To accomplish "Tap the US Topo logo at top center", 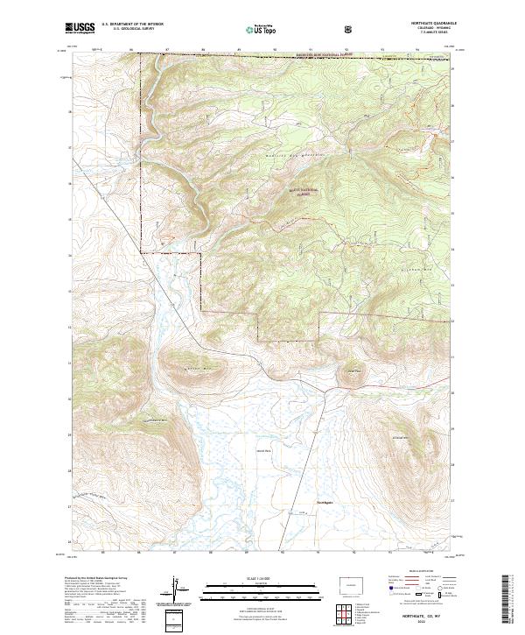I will click(x=255, y=30).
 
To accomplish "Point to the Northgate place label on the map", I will click(x=325, y=502).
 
